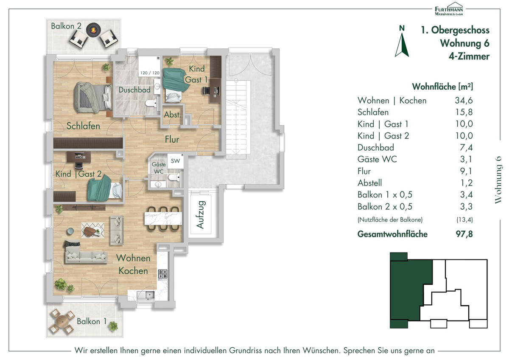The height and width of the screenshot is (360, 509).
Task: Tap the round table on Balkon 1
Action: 62,321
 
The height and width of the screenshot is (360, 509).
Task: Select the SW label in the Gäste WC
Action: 175,161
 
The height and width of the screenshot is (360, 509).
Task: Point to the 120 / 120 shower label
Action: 150,73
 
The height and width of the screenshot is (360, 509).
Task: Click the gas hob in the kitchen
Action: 163,274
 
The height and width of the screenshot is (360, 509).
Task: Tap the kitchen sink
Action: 148,295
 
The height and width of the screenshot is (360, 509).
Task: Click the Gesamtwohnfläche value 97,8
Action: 464,234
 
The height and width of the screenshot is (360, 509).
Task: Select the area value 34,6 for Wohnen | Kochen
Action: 464,100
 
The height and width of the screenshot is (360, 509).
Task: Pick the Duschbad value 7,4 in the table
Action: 466,148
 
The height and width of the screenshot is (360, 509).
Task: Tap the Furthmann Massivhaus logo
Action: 449,9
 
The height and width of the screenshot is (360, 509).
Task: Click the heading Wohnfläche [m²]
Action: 442,87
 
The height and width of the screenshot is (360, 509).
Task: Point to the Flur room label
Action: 172,139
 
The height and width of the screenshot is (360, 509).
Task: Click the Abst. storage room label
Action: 173,115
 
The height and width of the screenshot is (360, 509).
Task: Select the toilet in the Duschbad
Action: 151,103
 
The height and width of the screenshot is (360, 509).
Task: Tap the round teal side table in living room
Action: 70,231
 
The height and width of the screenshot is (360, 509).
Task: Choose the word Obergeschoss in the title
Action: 460,30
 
